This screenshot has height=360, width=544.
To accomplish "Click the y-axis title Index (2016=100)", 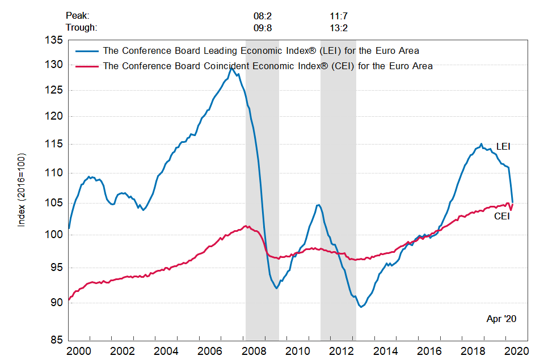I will coord(22,190).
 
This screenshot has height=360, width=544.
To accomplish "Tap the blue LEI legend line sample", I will coord(86,51).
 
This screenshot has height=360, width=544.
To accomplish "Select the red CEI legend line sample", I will coord(86,66).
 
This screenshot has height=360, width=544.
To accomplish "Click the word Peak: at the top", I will coord(78,16).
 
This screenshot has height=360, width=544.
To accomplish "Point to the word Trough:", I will coord(81,27).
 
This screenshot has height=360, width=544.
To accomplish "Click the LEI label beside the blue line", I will coord(503,146).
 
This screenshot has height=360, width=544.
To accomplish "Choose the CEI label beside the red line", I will coord(502,216).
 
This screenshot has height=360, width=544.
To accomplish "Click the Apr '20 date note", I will coord(501,319).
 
